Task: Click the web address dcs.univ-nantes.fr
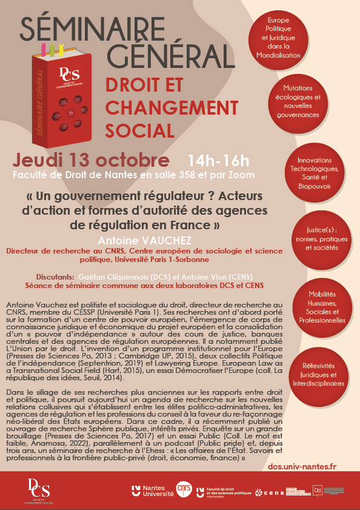[x=302, y=468]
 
